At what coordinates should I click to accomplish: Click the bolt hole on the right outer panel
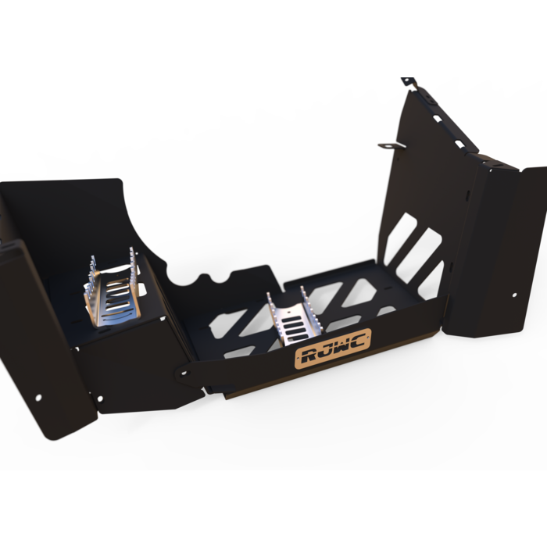(x=514, y=295)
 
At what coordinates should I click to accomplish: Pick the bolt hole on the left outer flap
(x=38, y=396)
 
